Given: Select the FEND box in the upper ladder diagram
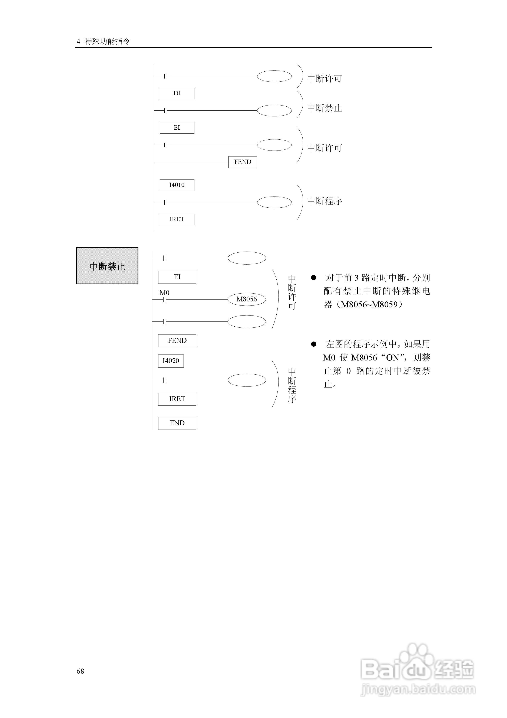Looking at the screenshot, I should [x=243, y=162].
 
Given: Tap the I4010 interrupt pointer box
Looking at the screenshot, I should [x=177, y=185].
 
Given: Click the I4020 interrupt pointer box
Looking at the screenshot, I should [x=171, y=361].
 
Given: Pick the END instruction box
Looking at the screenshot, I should [x=177, y=423].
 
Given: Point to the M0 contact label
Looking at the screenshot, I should [x=164, y=293].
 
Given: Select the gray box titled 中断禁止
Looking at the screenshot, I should [x=107, y=266].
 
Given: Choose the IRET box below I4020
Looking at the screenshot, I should [x=177, y=399].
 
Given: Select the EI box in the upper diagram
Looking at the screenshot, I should [x=177, y=127].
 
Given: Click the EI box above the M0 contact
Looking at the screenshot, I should [x=177, y=277].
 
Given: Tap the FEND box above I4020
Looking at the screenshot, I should [x=177, y=340].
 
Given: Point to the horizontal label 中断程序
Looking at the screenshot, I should [x=325, y=201].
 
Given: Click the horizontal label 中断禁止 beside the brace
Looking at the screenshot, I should [x=325, y=108].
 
